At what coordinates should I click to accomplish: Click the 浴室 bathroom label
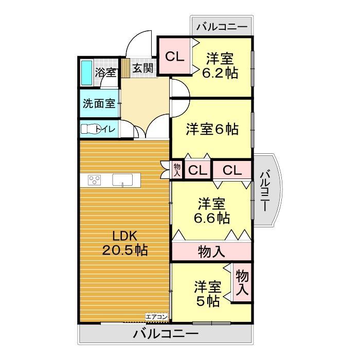(106, 73)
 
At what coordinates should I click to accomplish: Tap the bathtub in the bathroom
(87, 73)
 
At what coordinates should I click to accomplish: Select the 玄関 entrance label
(143, 67)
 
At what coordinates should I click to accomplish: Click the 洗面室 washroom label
(99, 102)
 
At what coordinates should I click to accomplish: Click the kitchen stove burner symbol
(95, 180)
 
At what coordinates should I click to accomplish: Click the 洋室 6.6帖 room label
(211, 210)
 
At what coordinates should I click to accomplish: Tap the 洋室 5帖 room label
(208, 293)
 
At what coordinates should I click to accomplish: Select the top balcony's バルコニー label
(222, 26)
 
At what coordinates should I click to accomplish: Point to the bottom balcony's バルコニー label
(166, 334)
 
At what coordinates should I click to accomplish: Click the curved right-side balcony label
(264, 191)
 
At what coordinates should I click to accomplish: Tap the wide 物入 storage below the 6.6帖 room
(211, 252)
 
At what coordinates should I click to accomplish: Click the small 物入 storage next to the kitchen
(177, 170)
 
